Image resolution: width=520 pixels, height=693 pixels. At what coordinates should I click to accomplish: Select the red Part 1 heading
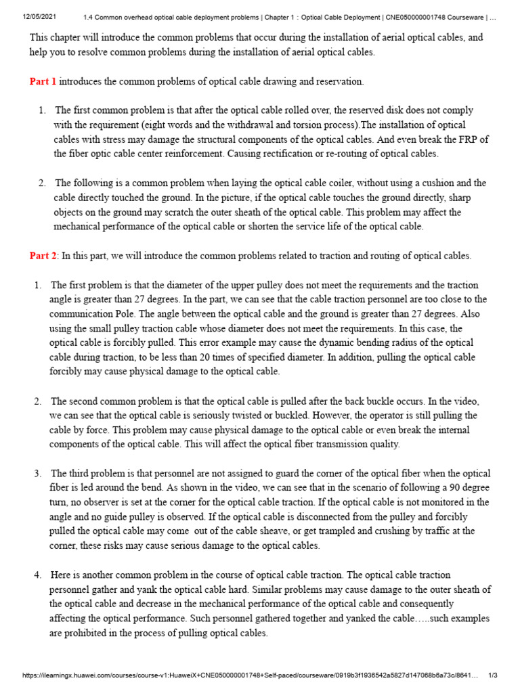tap(43, 82)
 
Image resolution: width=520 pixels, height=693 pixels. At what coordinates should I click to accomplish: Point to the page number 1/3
tap(493, 675)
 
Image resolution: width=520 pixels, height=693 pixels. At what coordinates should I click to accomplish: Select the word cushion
tap(436, 183)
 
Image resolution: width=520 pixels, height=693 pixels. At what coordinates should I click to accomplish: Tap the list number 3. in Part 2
tap(38, 474)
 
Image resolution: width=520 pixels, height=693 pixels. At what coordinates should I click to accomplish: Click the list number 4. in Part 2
tap(38, 575)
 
